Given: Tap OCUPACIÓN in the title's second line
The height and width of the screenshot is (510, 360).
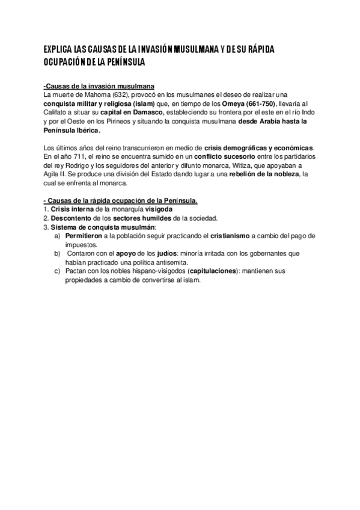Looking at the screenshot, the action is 65,62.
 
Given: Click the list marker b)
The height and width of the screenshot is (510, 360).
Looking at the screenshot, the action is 57,253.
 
